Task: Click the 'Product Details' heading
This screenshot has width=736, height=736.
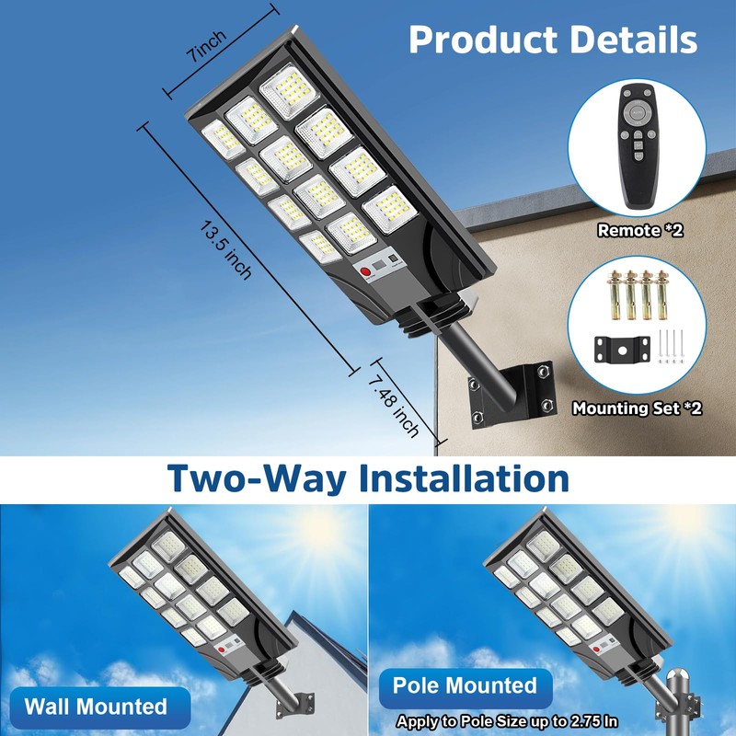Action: coord(553,40)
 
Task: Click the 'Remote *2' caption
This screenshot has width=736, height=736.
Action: coord(640,231)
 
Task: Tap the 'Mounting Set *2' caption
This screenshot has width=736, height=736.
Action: coord(637,408)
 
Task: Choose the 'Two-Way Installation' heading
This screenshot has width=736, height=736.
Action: coord(368,479)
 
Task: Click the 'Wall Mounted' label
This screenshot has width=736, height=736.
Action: coord(96,707)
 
